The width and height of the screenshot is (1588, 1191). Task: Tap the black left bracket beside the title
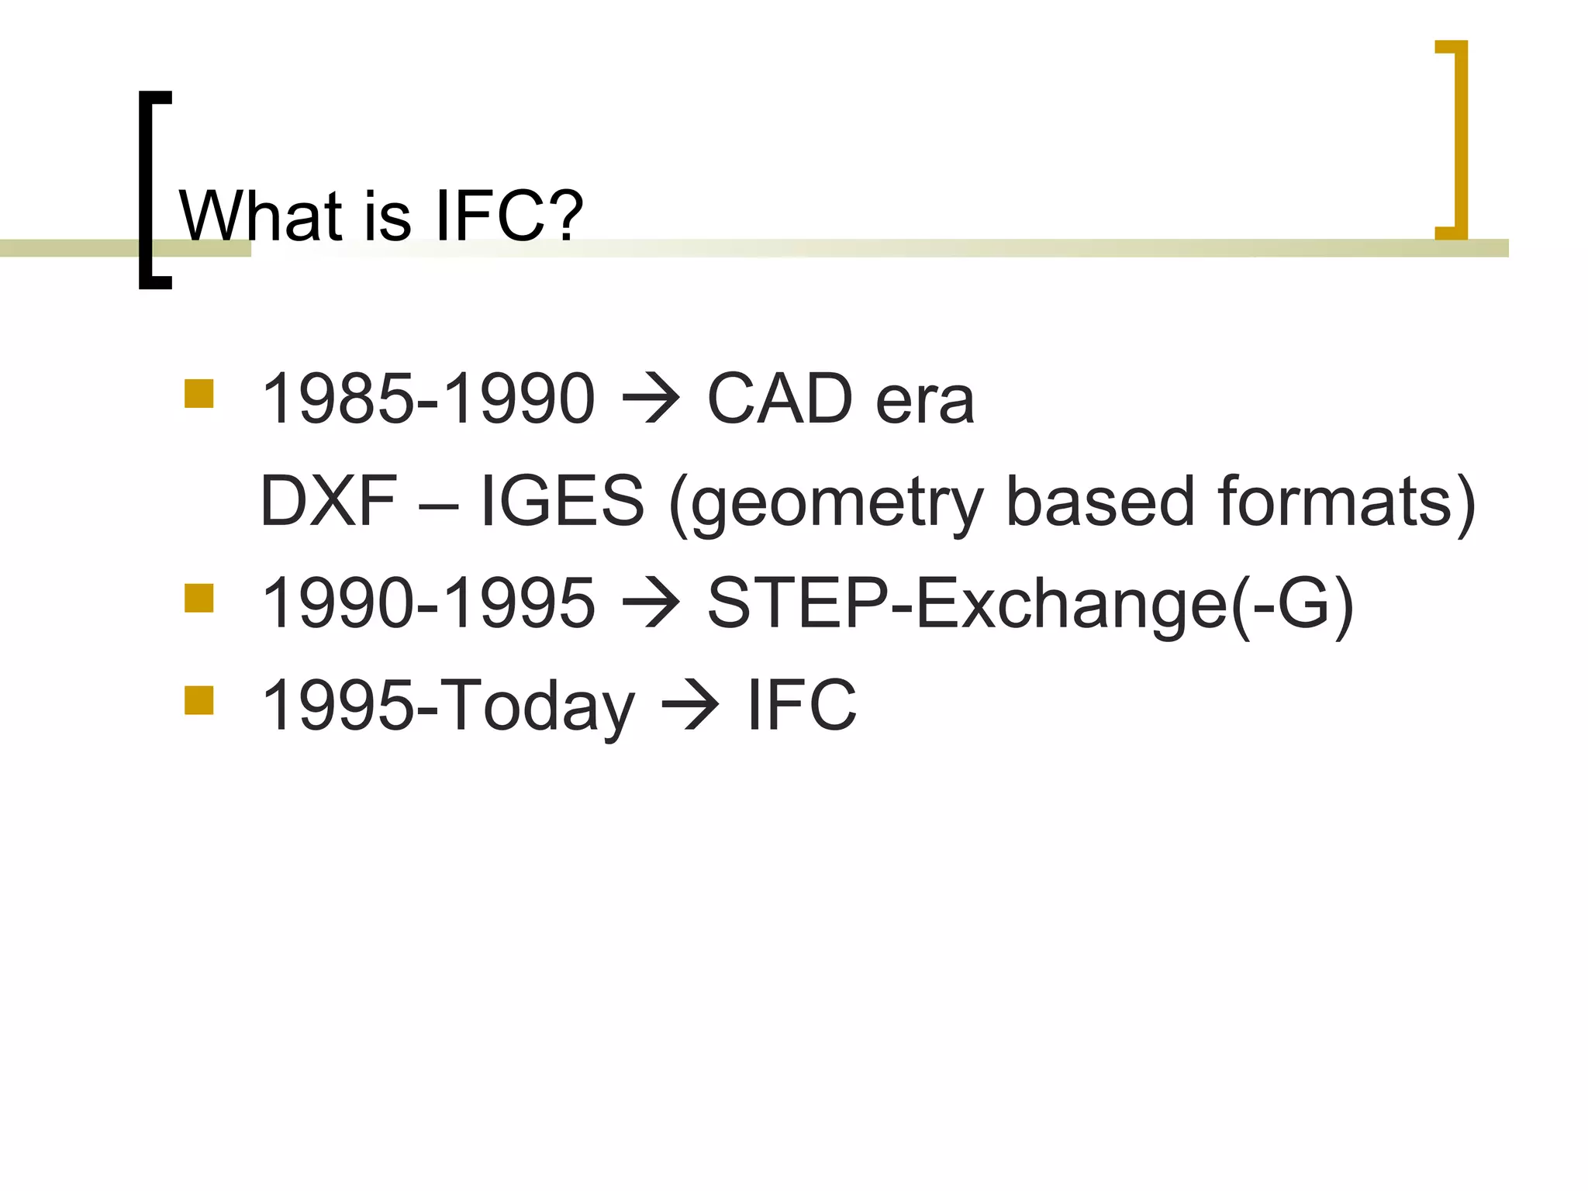click(147, 190)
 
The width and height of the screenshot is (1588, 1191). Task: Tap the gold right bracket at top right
click(1459, 140)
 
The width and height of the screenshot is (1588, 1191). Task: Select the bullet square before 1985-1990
click(199, 394)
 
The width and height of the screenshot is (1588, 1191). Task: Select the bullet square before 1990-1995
click(199, 599)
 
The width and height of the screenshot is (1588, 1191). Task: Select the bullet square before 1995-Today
click(199, 700)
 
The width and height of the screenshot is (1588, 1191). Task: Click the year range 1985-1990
click(429, 399)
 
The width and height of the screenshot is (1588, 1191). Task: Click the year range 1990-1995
click(429, 603)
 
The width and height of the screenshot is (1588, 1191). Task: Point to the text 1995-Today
click(448, 706)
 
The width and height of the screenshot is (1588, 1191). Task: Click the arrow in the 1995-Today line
click(690, 706)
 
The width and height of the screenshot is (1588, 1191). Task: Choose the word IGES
click(562, 501)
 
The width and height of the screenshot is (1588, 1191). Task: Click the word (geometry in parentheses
click(827, 504)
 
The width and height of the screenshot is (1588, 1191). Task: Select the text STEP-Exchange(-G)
click(1030, 603)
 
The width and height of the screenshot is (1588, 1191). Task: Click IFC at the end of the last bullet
click(802, 705)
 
